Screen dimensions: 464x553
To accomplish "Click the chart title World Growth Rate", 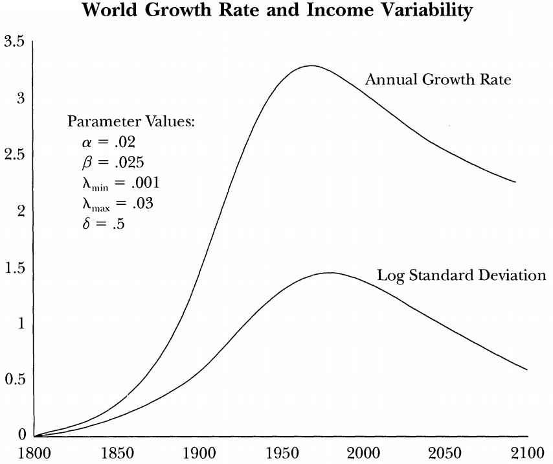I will tap(276, 11).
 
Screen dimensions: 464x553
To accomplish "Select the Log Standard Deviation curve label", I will tap(462, 275).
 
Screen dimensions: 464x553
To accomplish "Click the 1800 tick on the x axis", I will tap(34, 452).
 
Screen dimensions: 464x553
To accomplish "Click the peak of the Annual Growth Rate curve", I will tap(311, 65).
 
